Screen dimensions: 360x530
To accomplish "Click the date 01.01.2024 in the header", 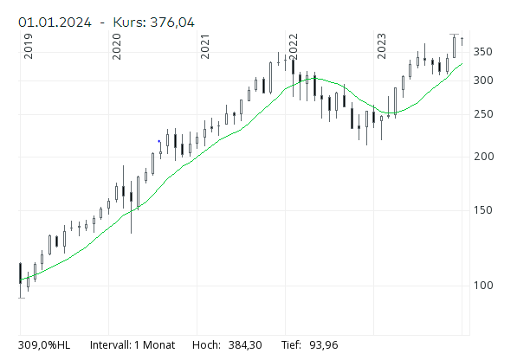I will (57, 22).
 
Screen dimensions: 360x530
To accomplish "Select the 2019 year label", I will (29, 46).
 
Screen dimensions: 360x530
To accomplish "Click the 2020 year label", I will (117, 46).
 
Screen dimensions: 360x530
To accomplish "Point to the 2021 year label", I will (205, 46).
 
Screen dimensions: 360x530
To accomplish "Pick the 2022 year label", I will (294, 46).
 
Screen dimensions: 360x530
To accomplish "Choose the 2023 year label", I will (382, 46).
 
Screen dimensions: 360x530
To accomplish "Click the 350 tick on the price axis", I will (482, 52).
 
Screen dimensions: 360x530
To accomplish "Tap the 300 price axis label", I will (482, 80).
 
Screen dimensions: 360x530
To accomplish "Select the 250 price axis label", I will (482, 114).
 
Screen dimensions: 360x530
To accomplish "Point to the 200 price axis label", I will (482, 156).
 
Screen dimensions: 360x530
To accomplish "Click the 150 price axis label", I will (482, 210).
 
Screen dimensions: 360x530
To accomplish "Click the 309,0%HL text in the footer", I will (44, 344).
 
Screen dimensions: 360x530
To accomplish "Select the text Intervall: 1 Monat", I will (132, 344).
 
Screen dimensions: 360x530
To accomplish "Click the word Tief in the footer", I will (291, 344).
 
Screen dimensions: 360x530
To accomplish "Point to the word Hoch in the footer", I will (207, 344).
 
